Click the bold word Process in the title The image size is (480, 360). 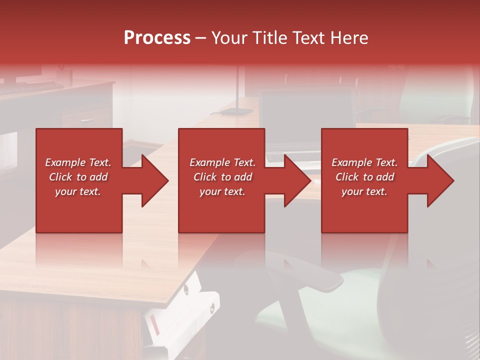pos(157,38)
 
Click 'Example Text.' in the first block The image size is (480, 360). pos(78,162)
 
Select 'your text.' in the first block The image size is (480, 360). pos(78,191)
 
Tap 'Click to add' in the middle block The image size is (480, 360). pos(222,177)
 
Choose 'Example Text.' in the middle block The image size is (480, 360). pos(222,162)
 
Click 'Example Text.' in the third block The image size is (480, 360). pos(364,162)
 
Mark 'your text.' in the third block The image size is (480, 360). pos(364,191)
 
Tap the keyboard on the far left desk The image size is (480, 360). pos(30,88)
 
